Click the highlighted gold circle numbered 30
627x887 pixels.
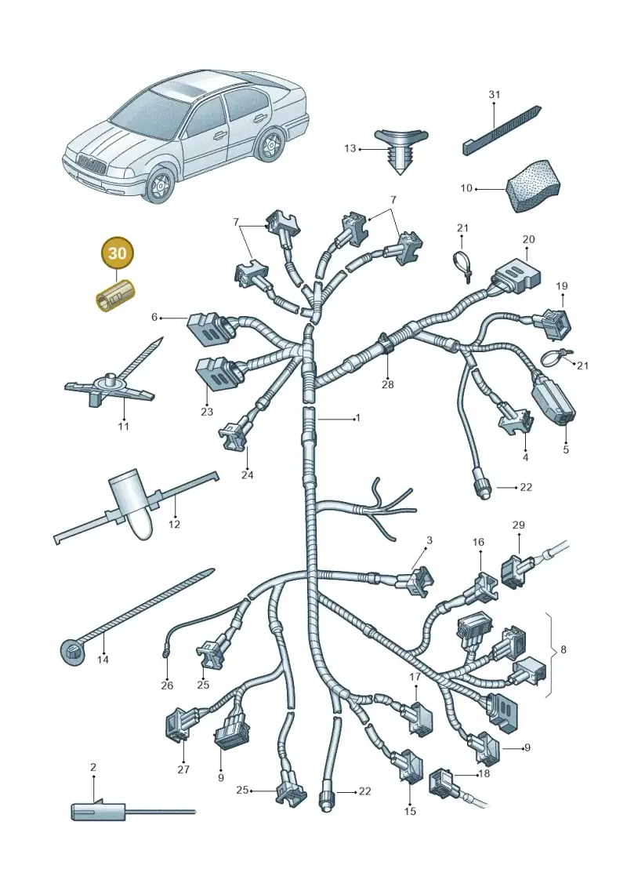[x=117, y=253]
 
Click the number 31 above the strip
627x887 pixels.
[x=494, y=94]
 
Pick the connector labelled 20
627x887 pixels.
[x=515, y=277]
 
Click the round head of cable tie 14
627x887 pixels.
[x=72, y=651]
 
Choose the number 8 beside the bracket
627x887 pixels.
[x=563, y=650]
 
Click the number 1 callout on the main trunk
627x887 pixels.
[x=357, y=419]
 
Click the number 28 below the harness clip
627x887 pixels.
[x=387, y=384]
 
